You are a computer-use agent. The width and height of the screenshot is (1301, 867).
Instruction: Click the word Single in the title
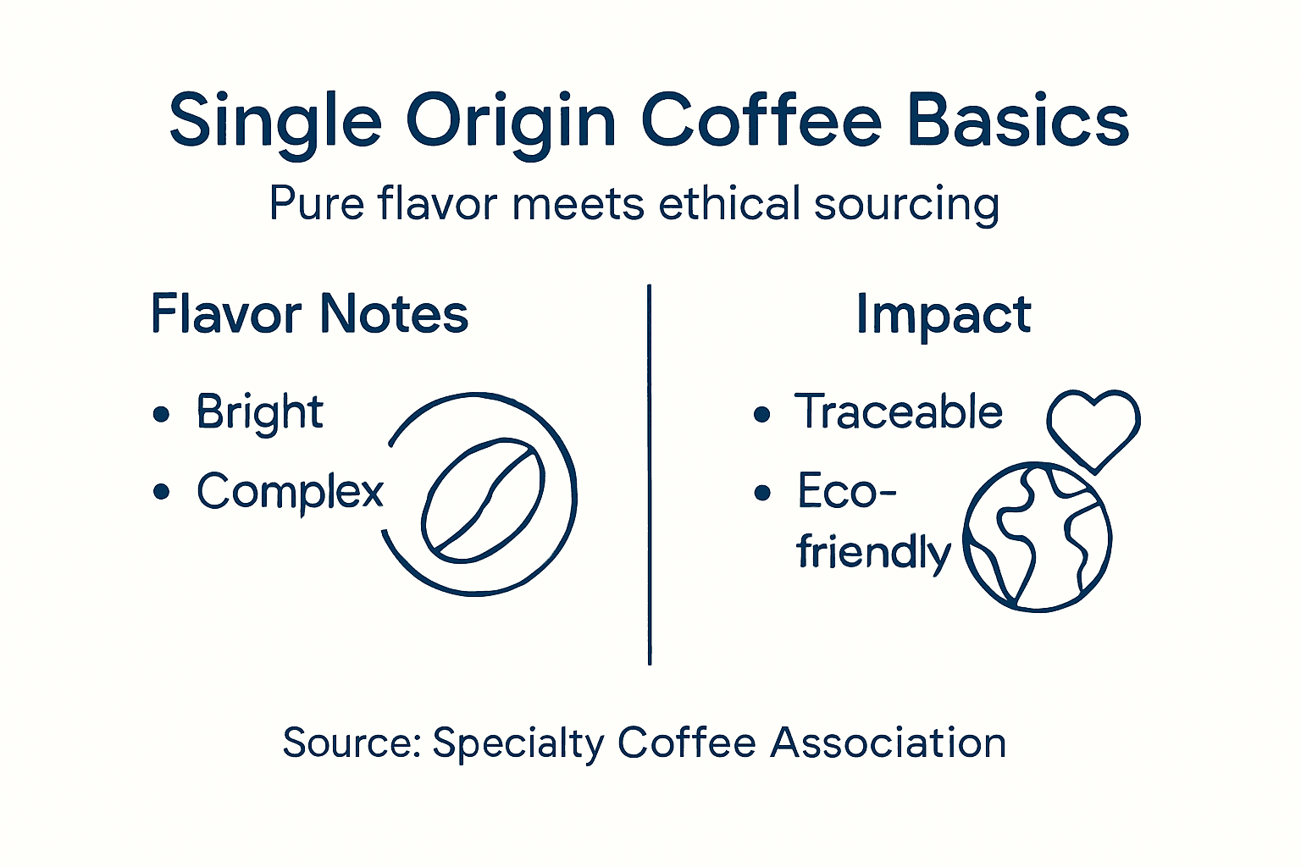(275, 121)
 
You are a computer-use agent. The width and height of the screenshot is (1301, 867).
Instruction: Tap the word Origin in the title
(511, 121)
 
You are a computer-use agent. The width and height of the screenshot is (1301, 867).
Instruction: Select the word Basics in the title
(1018, 121)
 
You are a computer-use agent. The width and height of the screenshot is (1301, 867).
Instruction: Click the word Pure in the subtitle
(316, 204)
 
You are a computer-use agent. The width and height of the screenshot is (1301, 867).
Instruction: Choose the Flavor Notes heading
(309, 314)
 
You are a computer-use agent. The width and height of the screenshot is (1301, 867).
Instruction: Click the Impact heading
(943, 315)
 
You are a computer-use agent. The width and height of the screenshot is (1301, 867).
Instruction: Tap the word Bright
(259, 413)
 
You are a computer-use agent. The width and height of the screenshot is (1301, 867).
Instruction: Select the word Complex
(290, 492)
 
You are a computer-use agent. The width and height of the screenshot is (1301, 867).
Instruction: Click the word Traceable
(898, 412)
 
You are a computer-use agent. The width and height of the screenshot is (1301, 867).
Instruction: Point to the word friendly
(873, 553)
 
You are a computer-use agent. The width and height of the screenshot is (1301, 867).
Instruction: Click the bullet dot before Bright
(161, 414)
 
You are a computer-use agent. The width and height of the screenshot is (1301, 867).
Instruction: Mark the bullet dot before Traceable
(761, 414)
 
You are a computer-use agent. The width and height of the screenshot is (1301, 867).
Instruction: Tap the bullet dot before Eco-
(762, 492)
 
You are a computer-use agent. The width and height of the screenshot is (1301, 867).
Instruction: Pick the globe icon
(1038, 537)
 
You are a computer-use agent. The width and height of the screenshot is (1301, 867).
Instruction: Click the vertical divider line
(650, 474)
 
